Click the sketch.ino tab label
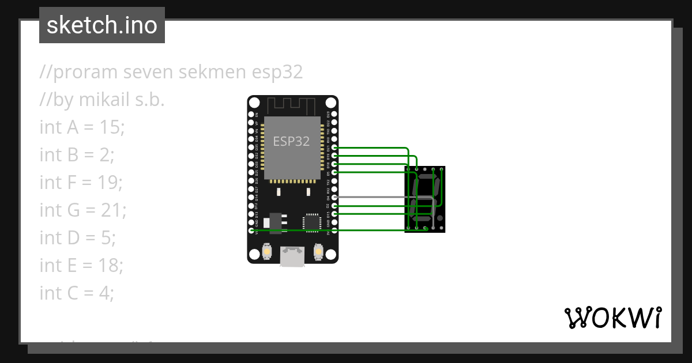pyautogui.click(x=101, y=25)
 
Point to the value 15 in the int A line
pyautogui.click(x=111, y=127)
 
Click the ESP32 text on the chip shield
pyautogui.click(x=291, y=142)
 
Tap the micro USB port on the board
pyautogui.click(x=292, y=256)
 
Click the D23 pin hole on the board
pyautogui.click(x=335, y=115)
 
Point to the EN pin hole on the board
pyautogui.click(x=251, y=115)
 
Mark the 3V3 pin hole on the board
pyautogui.click(x=335, y=230)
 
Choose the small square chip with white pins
pyautogui.click(x=312, y=222)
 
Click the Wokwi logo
pyautogui.click(x=612, y=317)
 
